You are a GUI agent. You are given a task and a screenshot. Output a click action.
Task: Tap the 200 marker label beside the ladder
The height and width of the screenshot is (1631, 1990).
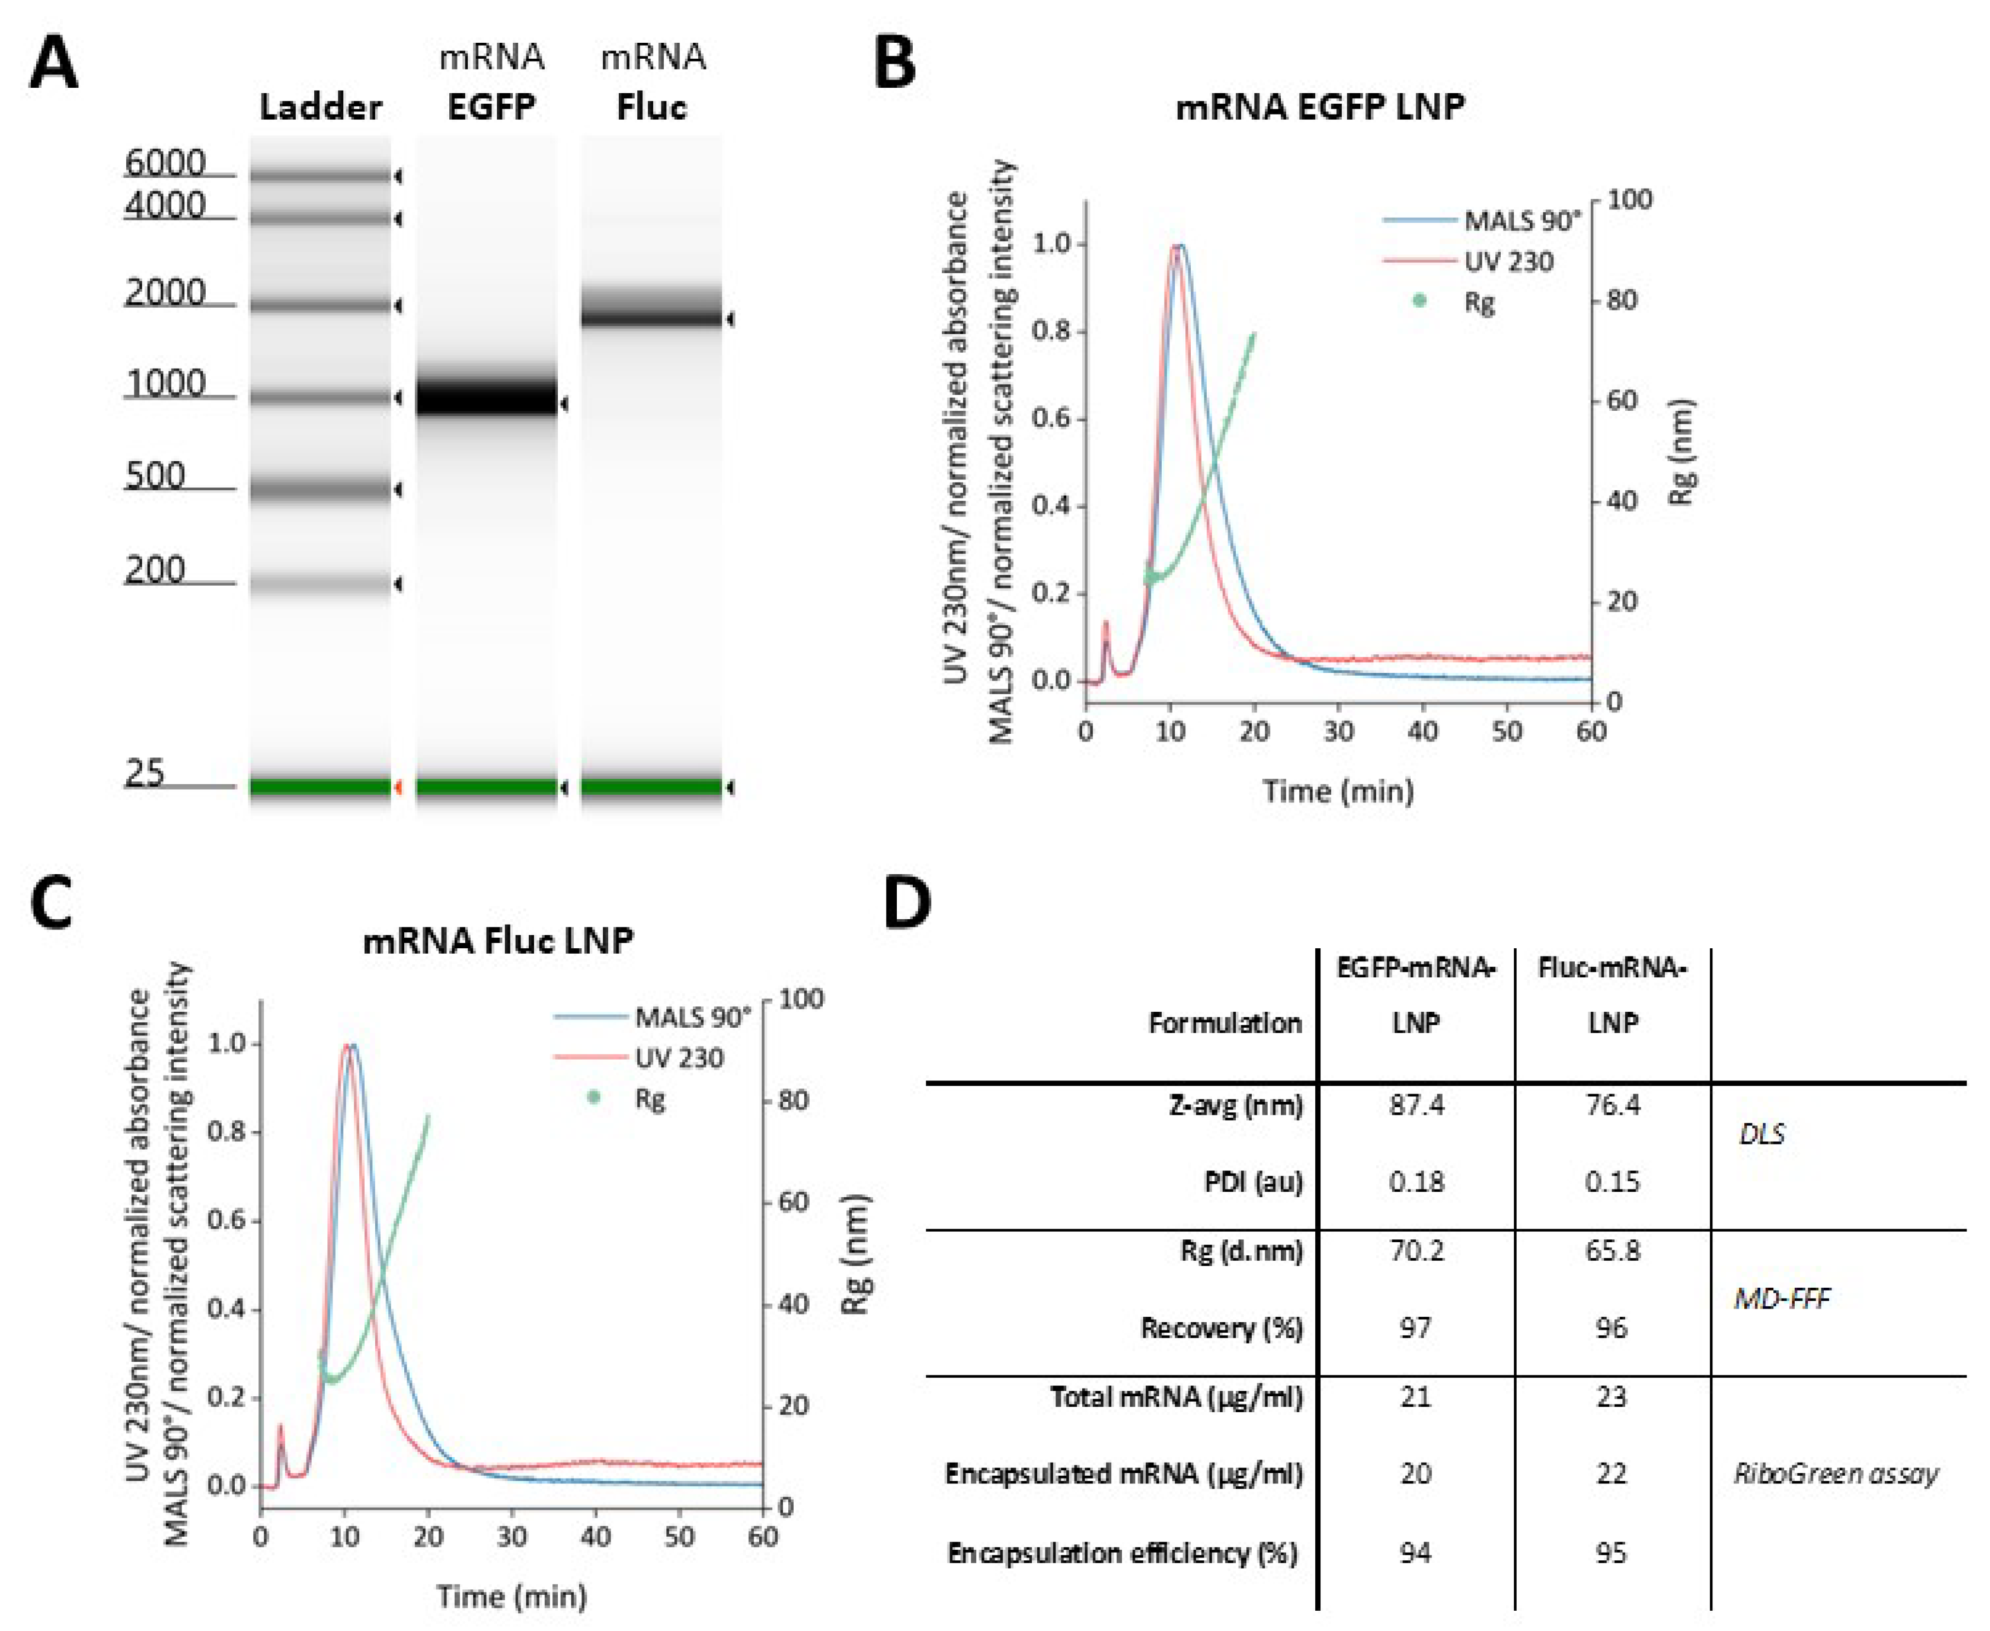tap(155, 569)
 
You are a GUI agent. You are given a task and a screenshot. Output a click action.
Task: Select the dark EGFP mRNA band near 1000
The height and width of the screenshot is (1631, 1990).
tap(487, 397)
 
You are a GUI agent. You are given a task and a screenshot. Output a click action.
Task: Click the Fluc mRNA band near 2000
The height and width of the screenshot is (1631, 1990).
tap(651, 310)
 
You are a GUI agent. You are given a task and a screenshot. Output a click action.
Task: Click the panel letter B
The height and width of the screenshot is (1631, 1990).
tap(895, 64)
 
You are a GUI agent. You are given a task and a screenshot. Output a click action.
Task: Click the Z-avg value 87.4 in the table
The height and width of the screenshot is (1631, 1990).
tap(1416, 1105)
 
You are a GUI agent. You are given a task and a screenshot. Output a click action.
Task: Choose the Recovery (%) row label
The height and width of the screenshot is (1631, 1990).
tap(1222, 1328)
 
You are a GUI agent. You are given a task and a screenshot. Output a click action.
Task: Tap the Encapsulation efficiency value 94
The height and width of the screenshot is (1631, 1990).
tap(1415, 1552)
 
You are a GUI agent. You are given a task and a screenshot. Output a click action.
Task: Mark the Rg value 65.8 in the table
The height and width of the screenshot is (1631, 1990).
tap(1612, 1250)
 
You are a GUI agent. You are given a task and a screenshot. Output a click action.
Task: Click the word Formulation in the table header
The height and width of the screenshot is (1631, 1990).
tap(1224, 1022)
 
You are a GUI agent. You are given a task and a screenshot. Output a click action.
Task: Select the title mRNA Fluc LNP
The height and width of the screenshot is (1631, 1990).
tap(498, 941)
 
